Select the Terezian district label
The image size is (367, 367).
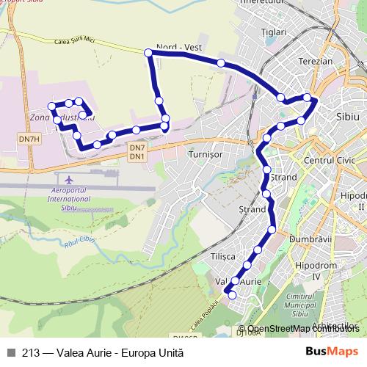point(316,62)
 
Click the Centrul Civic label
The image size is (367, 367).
point(329,159)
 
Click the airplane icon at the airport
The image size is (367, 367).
point(70,179)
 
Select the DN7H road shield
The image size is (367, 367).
point(30,139)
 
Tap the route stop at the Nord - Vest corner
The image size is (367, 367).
point(148,52)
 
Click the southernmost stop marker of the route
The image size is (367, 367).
point(232,295)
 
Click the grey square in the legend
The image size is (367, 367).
point(11,352)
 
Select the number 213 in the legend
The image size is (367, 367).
point(30,352)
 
